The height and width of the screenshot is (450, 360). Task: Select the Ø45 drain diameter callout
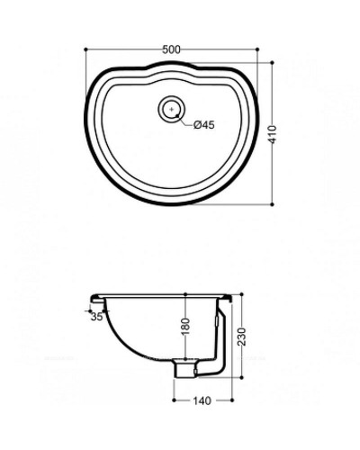pos(203,125)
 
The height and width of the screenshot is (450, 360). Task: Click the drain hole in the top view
pos(170,110)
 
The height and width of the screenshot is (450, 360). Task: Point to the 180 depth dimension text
pos(184,332)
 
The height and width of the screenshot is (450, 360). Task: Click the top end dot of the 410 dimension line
pos(274,60)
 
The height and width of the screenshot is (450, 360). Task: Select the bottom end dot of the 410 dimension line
pos(274,204)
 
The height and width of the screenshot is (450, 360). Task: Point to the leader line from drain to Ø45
pos(187,119)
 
